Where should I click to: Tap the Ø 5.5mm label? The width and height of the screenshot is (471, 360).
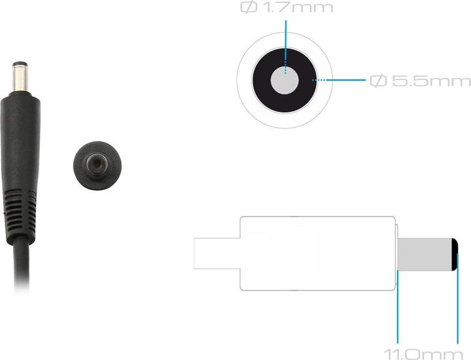coord(420,81)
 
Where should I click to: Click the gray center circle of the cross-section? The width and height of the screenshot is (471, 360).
coord(285,81)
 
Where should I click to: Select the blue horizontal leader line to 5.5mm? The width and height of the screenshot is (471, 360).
coord(347,81)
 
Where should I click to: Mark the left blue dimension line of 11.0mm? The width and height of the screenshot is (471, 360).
coord(396,314)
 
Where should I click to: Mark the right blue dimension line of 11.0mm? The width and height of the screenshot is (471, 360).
coord(458,308)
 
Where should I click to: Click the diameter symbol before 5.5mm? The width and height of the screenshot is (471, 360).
coord(377,81)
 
